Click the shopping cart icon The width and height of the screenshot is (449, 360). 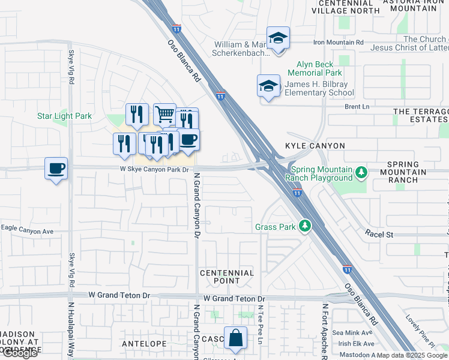164,113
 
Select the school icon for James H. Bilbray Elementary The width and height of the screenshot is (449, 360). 268,86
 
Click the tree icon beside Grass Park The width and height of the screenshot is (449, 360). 306,226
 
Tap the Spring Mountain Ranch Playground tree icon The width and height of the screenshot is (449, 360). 361,173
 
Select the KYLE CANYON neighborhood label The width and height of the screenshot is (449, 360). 315,146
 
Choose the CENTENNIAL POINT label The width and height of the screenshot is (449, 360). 227,277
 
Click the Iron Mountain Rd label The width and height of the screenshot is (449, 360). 339,42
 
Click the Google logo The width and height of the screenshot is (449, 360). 20,353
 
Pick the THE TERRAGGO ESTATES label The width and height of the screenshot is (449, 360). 420,116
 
